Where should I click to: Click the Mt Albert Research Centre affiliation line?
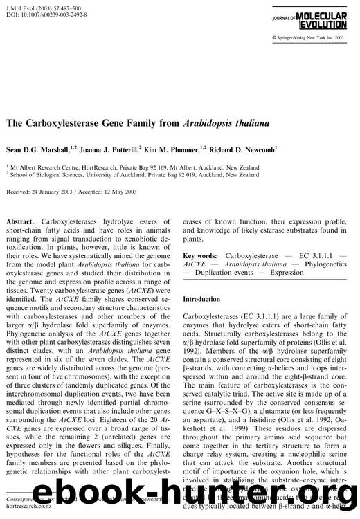click(138, 167)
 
